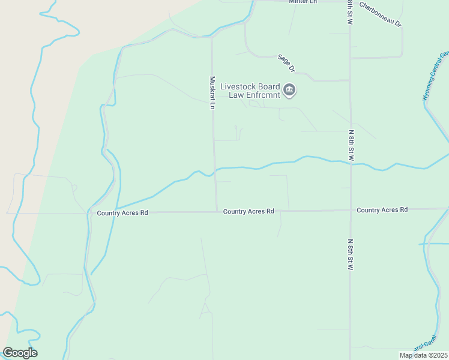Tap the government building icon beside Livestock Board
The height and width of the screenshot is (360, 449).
289,91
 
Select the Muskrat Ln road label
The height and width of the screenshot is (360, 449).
212,92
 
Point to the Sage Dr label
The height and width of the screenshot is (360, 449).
285,63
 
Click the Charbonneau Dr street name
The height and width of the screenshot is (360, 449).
380,14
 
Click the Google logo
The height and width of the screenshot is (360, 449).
20,353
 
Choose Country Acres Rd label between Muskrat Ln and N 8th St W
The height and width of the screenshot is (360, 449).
249,211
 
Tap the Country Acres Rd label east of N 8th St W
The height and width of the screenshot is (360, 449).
382,209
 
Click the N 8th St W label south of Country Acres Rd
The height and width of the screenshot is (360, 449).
350,254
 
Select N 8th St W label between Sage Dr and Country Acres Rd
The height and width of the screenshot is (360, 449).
351,144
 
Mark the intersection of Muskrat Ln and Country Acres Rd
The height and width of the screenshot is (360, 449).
217,211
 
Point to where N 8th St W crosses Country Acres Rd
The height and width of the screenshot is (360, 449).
350,210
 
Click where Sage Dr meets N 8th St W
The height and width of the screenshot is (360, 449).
350,80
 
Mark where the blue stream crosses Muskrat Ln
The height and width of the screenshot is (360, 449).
215,170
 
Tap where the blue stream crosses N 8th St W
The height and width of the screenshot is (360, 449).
350,162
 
